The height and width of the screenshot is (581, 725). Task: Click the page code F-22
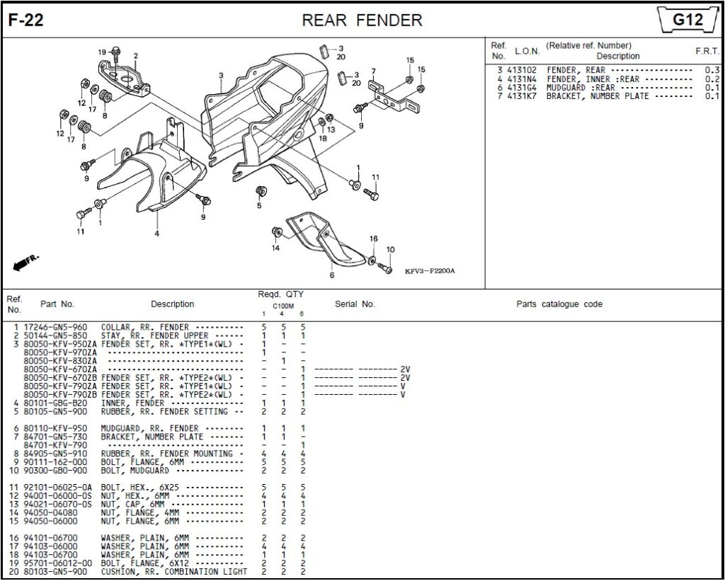tap(26, 21)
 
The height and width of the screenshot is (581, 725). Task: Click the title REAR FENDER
tap(362, 21)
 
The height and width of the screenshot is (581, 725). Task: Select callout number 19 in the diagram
tap(101, 52)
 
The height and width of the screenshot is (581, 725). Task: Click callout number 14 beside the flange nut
tap(275, 248)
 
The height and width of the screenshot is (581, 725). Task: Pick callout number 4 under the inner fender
tap(156, 233)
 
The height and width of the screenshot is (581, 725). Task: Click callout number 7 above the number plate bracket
tap(373, 71)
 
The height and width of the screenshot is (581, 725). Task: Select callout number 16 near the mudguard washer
tap(373, 239)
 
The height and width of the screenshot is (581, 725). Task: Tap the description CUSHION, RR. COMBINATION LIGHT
tap(174, 571)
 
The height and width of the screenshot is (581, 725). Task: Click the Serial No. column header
tap(355, 304)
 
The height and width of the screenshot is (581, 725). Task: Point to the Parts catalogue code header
tap(559, 304)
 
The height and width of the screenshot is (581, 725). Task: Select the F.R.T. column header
tap(707, 51)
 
